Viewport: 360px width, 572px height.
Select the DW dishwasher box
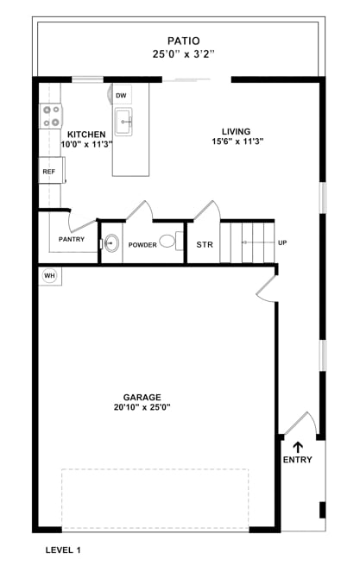[123, 96]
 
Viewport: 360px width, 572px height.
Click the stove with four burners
[49, 116]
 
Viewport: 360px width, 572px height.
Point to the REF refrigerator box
[49, 172]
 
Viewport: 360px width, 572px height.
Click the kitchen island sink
[123, 122]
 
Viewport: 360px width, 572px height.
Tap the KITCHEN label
[86, 135]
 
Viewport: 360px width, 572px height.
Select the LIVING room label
[236, 132]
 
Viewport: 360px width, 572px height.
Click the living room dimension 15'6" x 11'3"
[236, 142]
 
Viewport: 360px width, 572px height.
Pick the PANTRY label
[72, 239]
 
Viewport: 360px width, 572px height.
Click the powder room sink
[111, 243]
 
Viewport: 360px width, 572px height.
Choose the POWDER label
[142, 245]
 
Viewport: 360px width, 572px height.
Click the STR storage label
[204, 245]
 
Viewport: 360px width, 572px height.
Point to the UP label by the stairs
[281, 242]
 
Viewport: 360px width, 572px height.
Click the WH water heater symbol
[49, 276]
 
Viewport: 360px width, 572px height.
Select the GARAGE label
[142, 398]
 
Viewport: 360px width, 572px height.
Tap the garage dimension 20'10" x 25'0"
[142, 408]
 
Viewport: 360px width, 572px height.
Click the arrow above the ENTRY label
[298, 447]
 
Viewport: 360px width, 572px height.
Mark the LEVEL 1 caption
[63, 550]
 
